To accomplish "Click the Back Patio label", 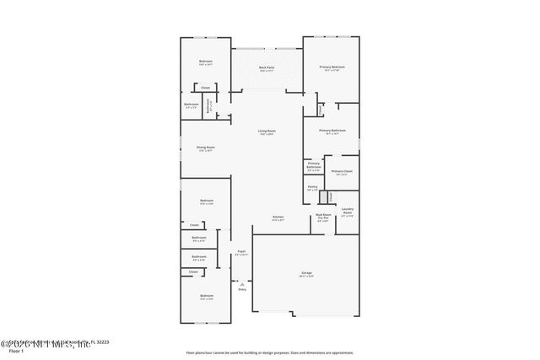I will pos(267,69).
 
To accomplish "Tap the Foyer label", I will pos(241,252).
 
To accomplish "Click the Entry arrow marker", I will pos(242,282).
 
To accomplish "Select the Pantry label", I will pos(312,188).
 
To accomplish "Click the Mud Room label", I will pos(323,217).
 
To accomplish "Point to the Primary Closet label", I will pos(342,172).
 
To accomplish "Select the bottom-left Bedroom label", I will pos(207,297).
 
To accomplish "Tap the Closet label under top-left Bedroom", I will pos(205,88).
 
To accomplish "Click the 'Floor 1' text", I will pos(16,351).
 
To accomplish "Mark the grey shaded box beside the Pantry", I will pos(322,196).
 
